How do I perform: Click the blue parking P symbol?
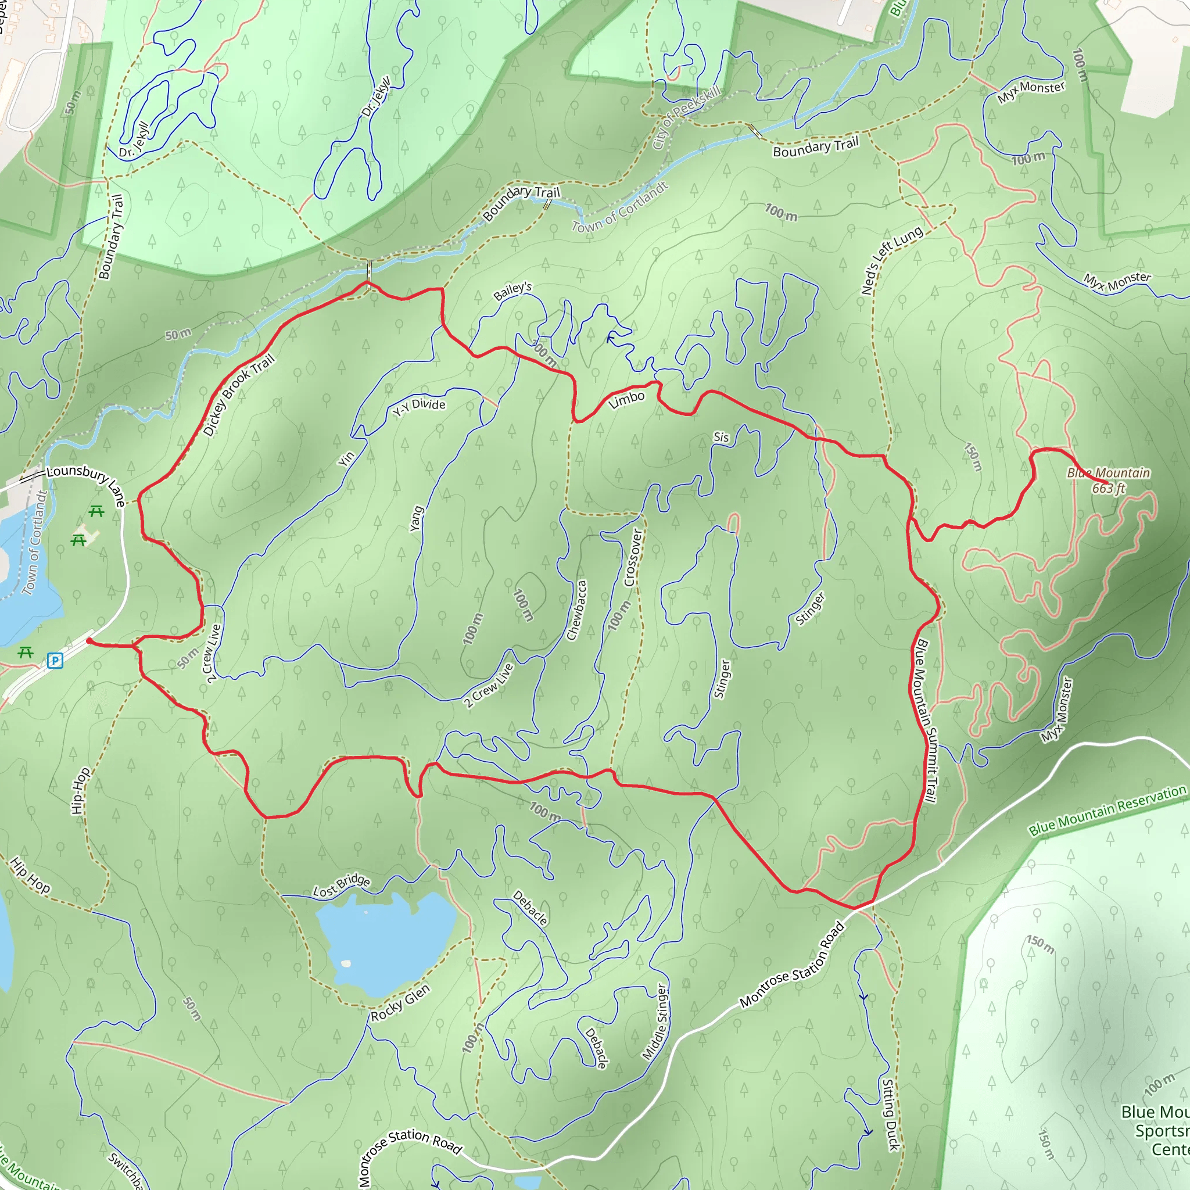55,661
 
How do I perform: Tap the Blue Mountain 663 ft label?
1108,481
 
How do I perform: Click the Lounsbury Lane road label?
86,483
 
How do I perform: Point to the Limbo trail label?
626,400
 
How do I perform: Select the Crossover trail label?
633,557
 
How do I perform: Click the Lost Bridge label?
341,886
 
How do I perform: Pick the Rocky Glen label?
400,1003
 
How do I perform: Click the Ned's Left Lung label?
891,260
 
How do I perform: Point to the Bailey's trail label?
512,291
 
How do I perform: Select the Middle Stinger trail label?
655,1022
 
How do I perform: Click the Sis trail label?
721,438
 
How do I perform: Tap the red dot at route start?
89,641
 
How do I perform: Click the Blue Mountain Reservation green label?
1107,810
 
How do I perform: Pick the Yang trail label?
417,519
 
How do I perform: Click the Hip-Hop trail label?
80,791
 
